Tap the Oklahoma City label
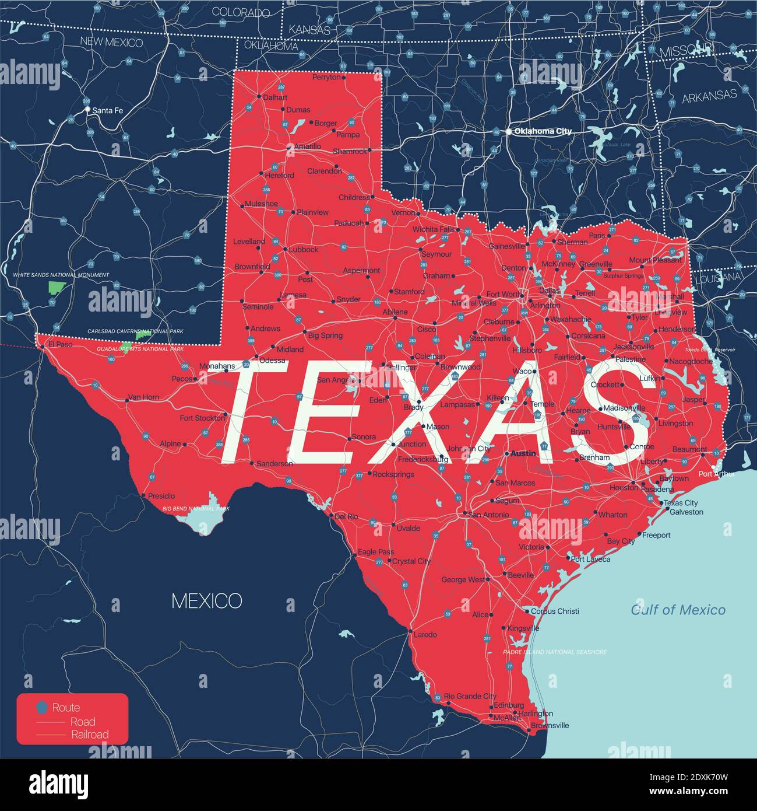(x=543, y=131)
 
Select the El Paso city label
(x=60, y=344)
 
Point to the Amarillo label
(x=307, y=146)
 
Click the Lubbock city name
(x=303, y=249)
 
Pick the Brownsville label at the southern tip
(x=550, y=725)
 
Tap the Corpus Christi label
(x=555, y=611)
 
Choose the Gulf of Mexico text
(x=678, y=610)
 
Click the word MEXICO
(x=206, y=601)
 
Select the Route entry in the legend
(x=66, y=708)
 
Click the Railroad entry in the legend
(x=90, y=735)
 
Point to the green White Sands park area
(x=56, y=287)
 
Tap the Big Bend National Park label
(x=196, y=509)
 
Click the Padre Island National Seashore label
(x=554, y=652)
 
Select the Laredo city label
(x=425, y=634)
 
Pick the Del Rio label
(x=346, y=516)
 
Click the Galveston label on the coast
(x=686, y=512)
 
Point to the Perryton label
(x=326, y=77)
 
